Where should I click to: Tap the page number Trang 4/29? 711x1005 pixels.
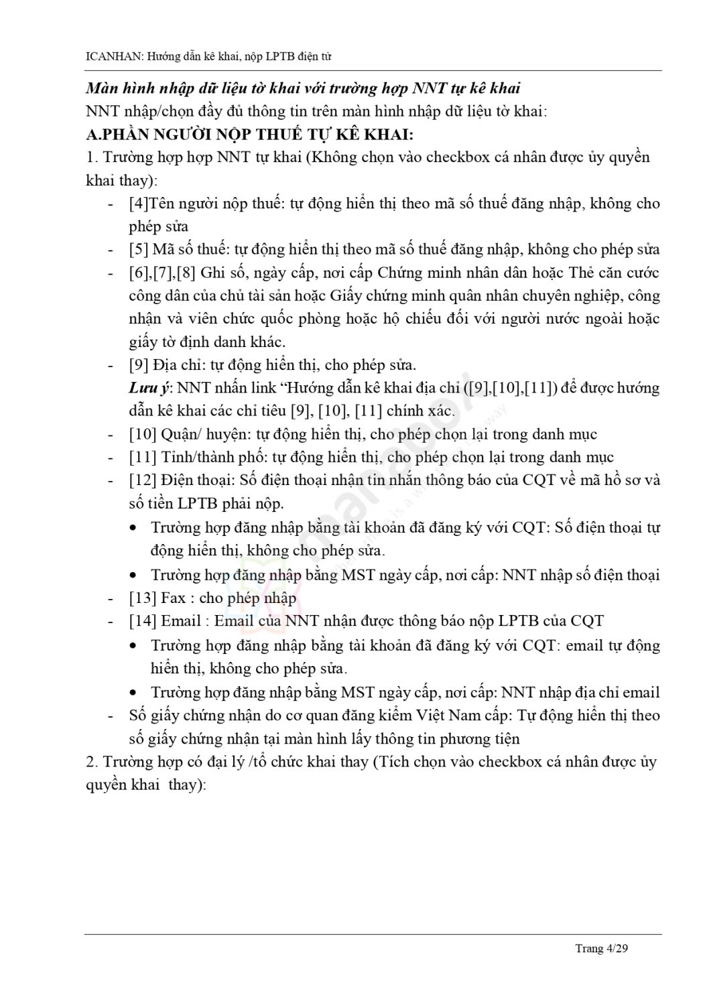tap(602, 948)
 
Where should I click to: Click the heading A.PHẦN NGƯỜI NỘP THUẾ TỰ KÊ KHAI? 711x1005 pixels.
tap(250, 134)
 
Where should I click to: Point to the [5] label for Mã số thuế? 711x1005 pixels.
tap(138, 249)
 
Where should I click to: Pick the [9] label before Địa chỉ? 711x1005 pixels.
tap(138, 365)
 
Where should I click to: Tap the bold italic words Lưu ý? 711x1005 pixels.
tap(148, 388)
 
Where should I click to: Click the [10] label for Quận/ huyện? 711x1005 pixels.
tap(142, 434)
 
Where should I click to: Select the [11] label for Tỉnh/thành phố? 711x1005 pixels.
tap(142, 457)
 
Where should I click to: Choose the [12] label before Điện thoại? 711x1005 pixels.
tap(142, 480)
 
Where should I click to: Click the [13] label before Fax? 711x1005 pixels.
tap(142, 598)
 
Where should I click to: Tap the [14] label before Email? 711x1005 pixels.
tap(142, 620)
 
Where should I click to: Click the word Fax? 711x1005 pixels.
tap(174, 598)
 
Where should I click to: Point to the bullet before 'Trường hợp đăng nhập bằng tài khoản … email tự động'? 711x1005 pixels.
tap(135, 646)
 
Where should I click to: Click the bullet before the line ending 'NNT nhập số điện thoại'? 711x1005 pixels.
tap(135, 576)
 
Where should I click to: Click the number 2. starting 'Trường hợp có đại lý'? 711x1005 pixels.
tap(92, 762)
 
